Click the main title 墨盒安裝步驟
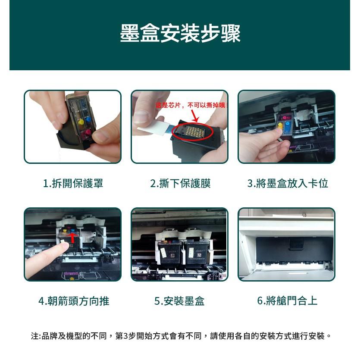[180, 34]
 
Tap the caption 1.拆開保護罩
[73, 184]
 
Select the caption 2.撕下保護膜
[180, 184]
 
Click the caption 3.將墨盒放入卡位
[288, 184]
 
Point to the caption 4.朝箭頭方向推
[74, 301]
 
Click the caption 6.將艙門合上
[287, 301]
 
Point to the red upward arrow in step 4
[73, 237]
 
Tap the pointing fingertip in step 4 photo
[64, 246]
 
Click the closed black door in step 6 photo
[287, 252]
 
